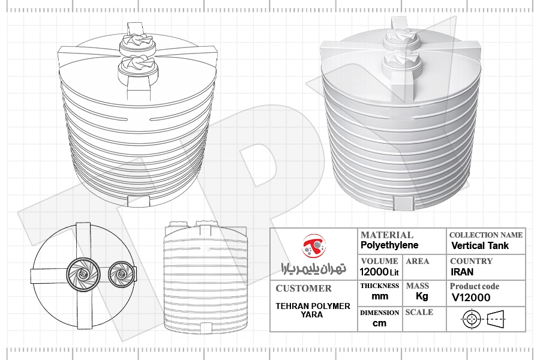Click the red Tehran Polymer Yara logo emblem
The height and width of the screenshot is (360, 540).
click(x=314, y=245)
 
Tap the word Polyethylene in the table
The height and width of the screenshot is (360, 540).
click(x=389, y=245)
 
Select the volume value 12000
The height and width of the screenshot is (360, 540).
click(x=374, y=272)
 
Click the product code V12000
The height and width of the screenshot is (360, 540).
click(x=471, y=298)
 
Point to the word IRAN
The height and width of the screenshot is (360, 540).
click(x=462, y=272)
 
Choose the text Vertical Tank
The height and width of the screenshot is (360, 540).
click(x=480, y=245)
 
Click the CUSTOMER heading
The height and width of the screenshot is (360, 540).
click(x=304, y=289)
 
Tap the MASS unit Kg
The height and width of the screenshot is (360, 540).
click(x=422, y=296)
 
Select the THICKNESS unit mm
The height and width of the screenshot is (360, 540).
click(x=380, y=296)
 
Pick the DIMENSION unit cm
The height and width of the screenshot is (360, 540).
click(x=379, y=323)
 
